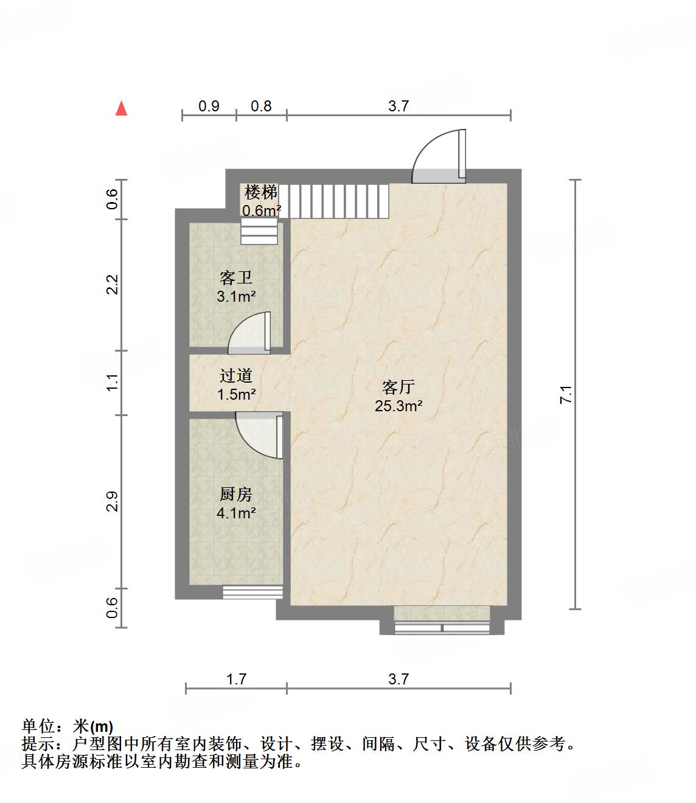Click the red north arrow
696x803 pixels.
(122, 108)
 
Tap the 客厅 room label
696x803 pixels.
(398, 387)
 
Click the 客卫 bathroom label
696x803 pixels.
(236, 278)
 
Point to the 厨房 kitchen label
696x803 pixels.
(236, 494)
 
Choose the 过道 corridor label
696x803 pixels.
(236, 375)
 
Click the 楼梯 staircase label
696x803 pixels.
(261, 193)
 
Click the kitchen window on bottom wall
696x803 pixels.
(252, 592)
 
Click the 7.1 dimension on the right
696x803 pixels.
(566, 395)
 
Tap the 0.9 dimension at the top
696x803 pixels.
(209, 106)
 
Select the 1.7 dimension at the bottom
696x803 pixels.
(236, 679)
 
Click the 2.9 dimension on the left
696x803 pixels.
(111, 501)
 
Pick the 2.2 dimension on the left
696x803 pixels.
(111, 284)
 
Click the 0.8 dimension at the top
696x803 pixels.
(261, 106)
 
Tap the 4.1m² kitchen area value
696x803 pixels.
(236, 513)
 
